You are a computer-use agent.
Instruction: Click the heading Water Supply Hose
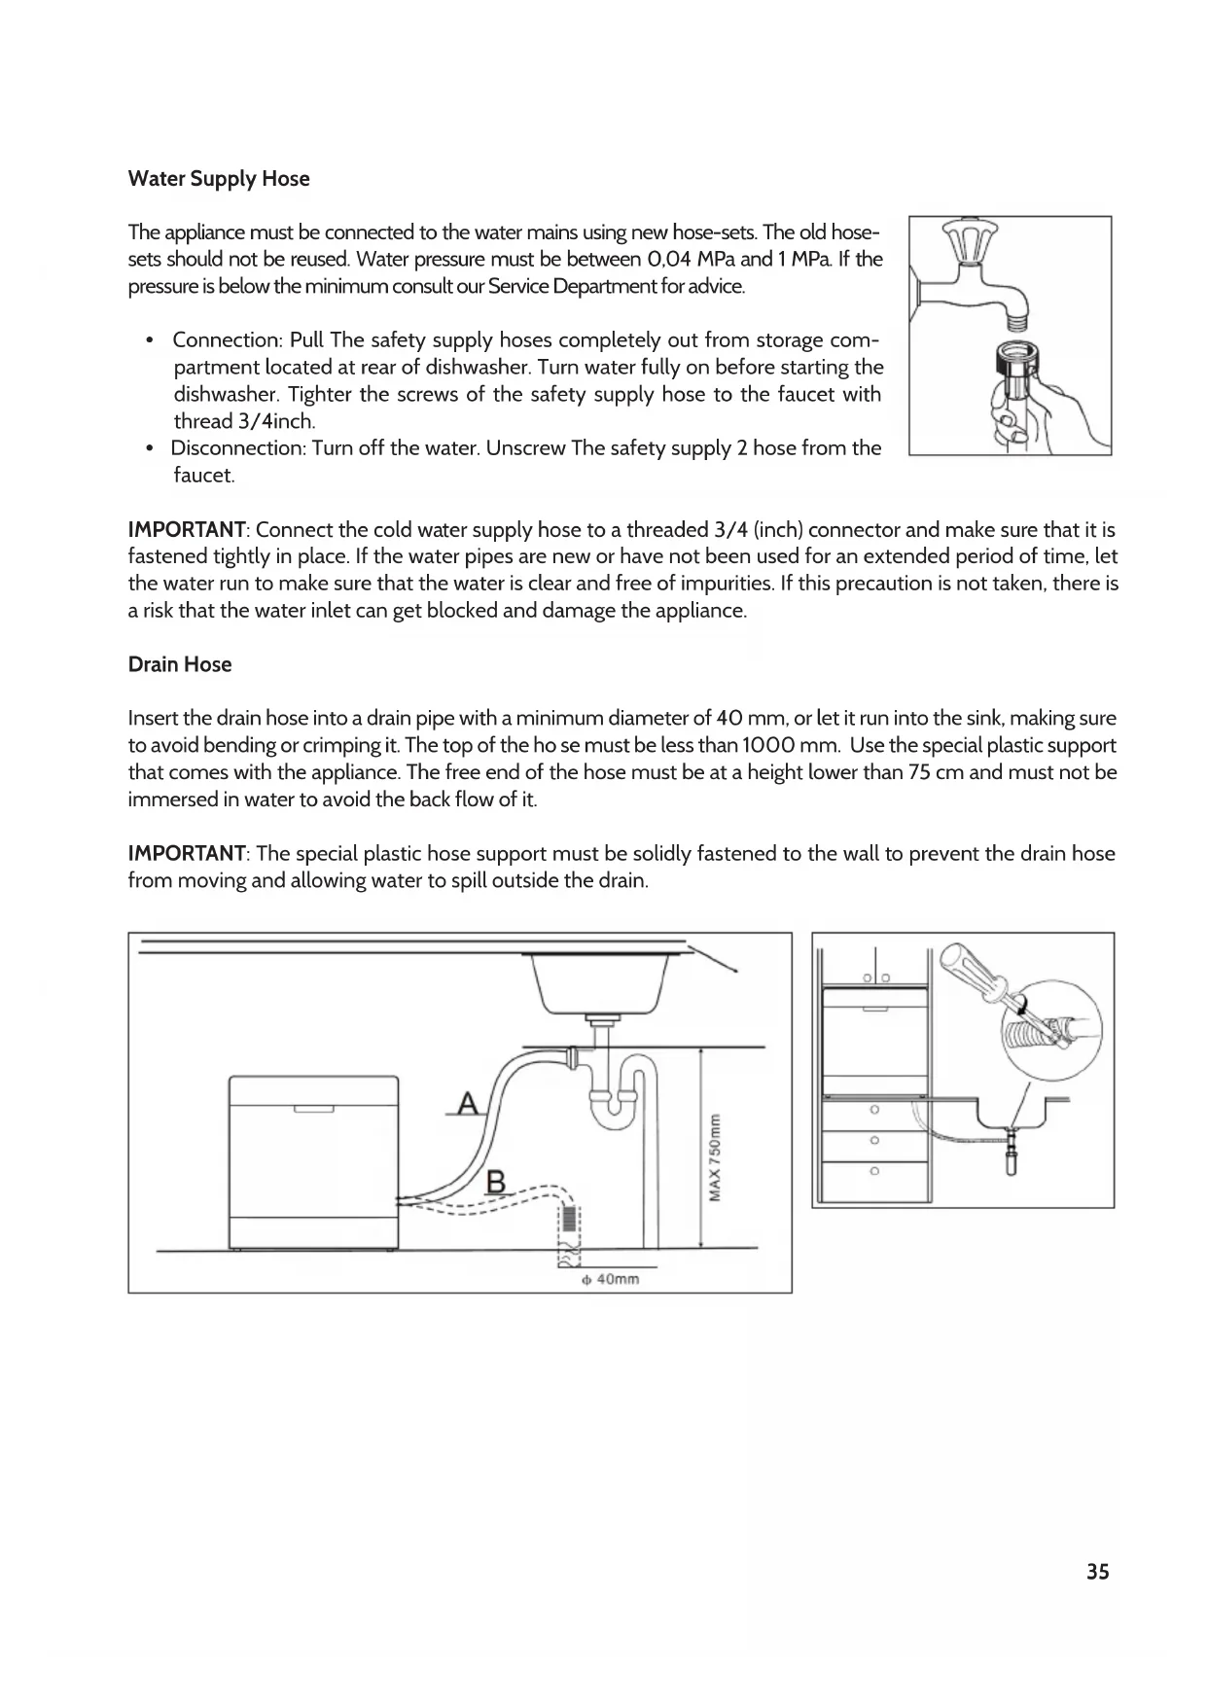219,179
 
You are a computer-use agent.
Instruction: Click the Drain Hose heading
180,665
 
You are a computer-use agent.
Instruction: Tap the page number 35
1097,1573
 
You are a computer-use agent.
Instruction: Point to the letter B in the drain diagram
495,1182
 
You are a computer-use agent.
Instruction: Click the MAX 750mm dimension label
715,1156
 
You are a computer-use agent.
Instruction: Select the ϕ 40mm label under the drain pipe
610,1279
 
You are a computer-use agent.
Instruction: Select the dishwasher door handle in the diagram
313,1109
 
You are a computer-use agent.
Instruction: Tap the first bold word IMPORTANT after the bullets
187,530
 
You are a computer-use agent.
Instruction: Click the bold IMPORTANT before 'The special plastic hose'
187,854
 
